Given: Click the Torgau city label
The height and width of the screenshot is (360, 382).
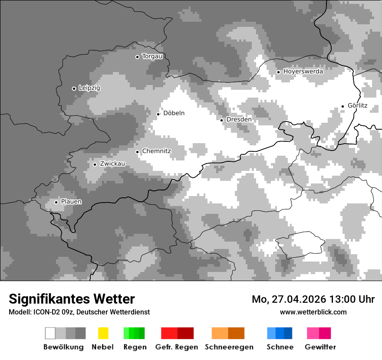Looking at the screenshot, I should click(152, 56).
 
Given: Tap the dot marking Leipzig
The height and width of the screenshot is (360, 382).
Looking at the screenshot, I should click(74, 88).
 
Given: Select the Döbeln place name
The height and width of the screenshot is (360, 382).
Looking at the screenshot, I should click(174, 113).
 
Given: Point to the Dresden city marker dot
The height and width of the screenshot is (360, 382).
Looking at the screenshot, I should click(221, 120).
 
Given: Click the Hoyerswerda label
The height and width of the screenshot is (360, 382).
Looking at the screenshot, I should click(303, 72).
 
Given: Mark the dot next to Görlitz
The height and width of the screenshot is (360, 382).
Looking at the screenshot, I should click(342, 106).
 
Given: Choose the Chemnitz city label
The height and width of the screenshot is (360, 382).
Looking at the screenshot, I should click(157, 151).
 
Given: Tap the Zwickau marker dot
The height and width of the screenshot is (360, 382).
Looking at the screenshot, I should click(95, 164).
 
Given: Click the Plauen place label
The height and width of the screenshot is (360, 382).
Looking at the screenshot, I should click(71, 202).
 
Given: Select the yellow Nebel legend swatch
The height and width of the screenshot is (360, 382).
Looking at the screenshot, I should click(103, 333).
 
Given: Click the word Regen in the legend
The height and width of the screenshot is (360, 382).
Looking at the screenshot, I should click(135, 347).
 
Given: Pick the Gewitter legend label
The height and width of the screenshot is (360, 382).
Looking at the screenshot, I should click(320, 347).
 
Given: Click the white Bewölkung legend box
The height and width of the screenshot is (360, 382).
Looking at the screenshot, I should click(50, 333).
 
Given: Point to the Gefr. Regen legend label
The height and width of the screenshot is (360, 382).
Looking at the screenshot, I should click(177, 347).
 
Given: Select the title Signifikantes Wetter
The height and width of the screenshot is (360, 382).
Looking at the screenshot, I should click(72, 299).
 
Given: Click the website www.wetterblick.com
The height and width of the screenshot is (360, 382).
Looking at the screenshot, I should click(313, 312).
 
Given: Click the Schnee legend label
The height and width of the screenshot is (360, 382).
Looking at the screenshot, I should click(280, 347).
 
